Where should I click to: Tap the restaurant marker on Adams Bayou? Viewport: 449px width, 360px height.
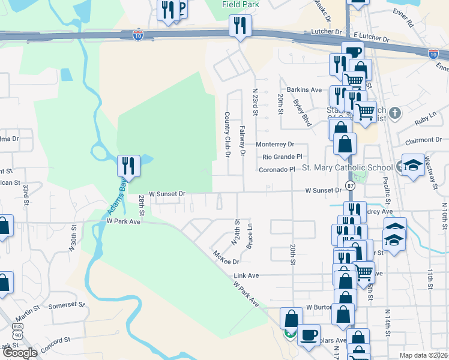click(x=128, y=166)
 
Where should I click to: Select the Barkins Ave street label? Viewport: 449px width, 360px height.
click(x=304, y=89)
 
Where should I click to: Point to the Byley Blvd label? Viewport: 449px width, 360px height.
click(x=302, y=112)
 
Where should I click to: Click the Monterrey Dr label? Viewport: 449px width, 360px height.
click(x=275, y=145)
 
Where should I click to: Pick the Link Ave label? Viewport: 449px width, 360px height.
click(x=246, y=275)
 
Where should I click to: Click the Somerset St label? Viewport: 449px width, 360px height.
click(x=63, y=305)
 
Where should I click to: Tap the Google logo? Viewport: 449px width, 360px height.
click(x=19, y=353)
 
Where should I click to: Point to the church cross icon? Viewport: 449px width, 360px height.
click(x=394, y=113)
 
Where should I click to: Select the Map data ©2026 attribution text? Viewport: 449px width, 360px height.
click(x=423, y=355)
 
